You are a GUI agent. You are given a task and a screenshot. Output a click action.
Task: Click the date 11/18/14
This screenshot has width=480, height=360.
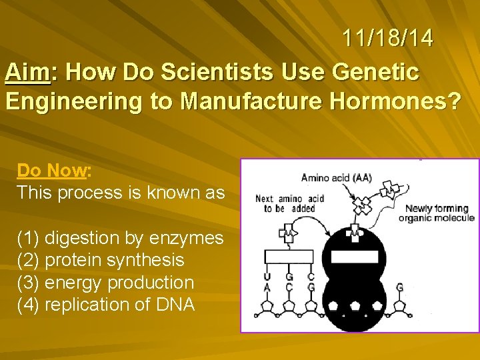tap(388, 38)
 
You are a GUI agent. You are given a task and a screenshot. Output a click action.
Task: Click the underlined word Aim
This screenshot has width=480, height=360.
tap(28, 72)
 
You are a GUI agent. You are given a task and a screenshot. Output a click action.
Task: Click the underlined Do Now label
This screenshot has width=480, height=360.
tap(52, 171)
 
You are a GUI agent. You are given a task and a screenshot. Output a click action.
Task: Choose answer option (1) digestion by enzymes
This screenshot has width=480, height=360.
tap(120, 237)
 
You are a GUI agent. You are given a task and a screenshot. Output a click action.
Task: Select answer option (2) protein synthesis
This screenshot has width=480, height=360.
tap(101, 260)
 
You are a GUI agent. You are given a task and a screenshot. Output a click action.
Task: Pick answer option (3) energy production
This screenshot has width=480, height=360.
tap(105, 283)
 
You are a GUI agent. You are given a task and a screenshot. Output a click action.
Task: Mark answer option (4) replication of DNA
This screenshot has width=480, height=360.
tap(106, 305)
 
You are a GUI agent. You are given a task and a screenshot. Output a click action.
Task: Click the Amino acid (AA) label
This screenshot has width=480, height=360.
tap(336, 177)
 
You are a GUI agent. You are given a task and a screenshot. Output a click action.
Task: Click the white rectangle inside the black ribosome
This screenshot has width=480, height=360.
tap(355, 255)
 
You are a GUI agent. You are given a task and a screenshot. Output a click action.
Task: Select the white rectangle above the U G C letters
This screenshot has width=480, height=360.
tap(289, 256)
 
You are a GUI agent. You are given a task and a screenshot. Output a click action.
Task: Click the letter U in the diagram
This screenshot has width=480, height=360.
tap(267, 276)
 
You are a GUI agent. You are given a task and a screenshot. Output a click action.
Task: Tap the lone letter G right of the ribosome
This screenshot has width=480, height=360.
tap(399, 287)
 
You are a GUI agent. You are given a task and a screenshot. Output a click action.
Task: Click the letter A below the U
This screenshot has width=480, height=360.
tap(267, 288)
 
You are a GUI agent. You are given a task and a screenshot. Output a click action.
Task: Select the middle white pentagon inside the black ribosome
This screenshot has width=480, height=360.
tap(355, 305)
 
